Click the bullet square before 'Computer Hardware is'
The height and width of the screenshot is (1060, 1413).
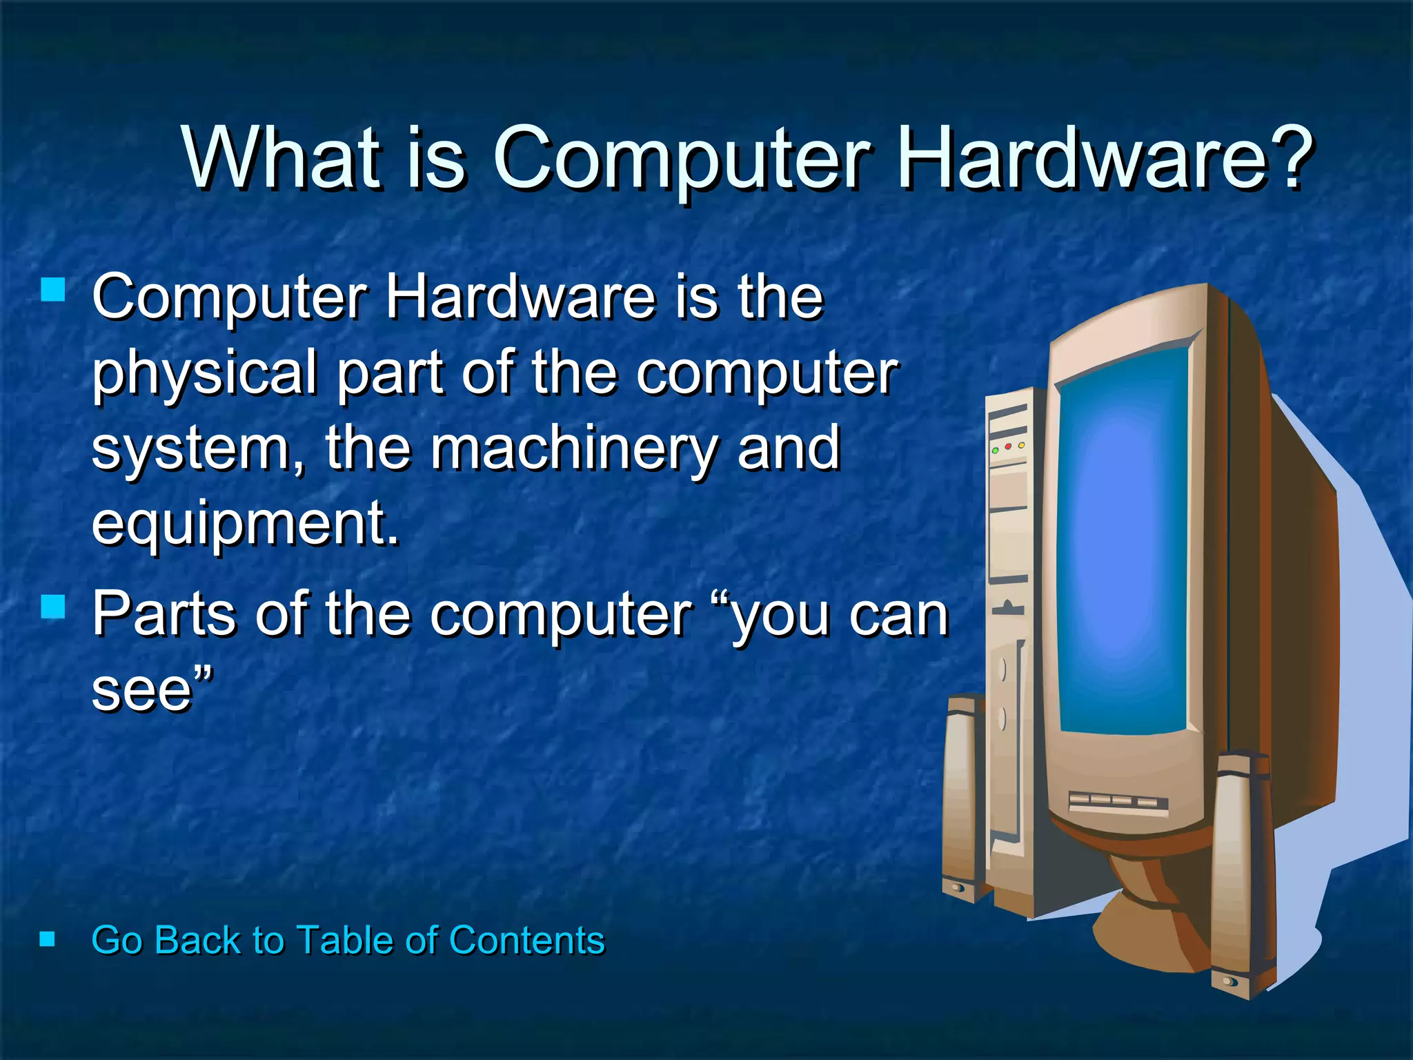[x=53, y=290]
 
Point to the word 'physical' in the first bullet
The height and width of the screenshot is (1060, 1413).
[x=204, y=374]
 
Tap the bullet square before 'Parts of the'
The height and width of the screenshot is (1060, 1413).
[x=53, y=607]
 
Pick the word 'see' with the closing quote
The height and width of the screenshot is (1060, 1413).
[x=152, y=689]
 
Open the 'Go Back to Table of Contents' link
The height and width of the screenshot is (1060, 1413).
[x=348, y=940]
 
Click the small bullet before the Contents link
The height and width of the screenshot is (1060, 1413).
[x=47, y=939]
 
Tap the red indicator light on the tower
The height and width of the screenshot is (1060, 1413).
[x=1008, y=447]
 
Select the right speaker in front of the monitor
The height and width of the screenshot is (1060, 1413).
[x=1242, y=876]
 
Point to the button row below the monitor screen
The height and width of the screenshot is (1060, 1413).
[x=1118, y=802]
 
